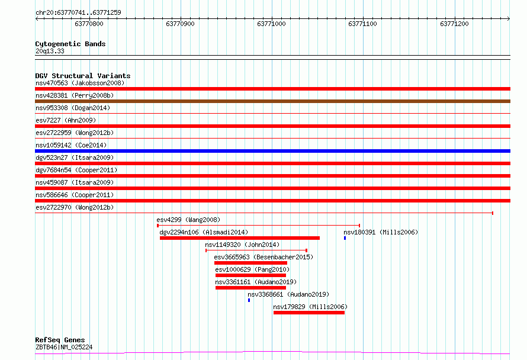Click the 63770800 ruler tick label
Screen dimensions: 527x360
(89, 24)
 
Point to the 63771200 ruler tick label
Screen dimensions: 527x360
(454, 24)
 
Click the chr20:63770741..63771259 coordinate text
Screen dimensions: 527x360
(78, 12)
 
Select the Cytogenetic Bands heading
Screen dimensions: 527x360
(70, 44)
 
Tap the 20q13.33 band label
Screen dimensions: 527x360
(50, 51)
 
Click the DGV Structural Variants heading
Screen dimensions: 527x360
(83, 76)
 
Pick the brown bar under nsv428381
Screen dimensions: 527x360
(272, 101)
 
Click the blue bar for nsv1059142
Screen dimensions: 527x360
(272, 151)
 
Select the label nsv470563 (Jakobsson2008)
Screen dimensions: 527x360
(80, 83)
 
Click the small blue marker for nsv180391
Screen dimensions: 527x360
(345, 238)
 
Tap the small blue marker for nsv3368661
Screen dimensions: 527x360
(249, 300)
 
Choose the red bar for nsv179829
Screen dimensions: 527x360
(309, 313)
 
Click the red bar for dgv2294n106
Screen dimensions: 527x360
(240, 238)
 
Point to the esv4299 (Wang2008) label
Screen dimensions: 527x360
(188, 220)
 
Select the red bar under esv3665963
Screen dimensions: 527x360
(250, 263)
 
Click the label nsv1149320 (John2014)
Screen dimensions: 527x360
(242, 245)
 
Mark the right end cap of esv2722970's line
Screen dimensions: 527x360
(493, 213)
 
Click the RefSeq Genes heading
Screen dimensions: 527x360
(60, 340)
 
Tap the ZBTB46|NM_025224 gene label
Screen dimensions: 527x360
(64, 347)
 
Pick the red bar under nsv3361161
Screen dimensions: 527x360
(250, 288)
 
